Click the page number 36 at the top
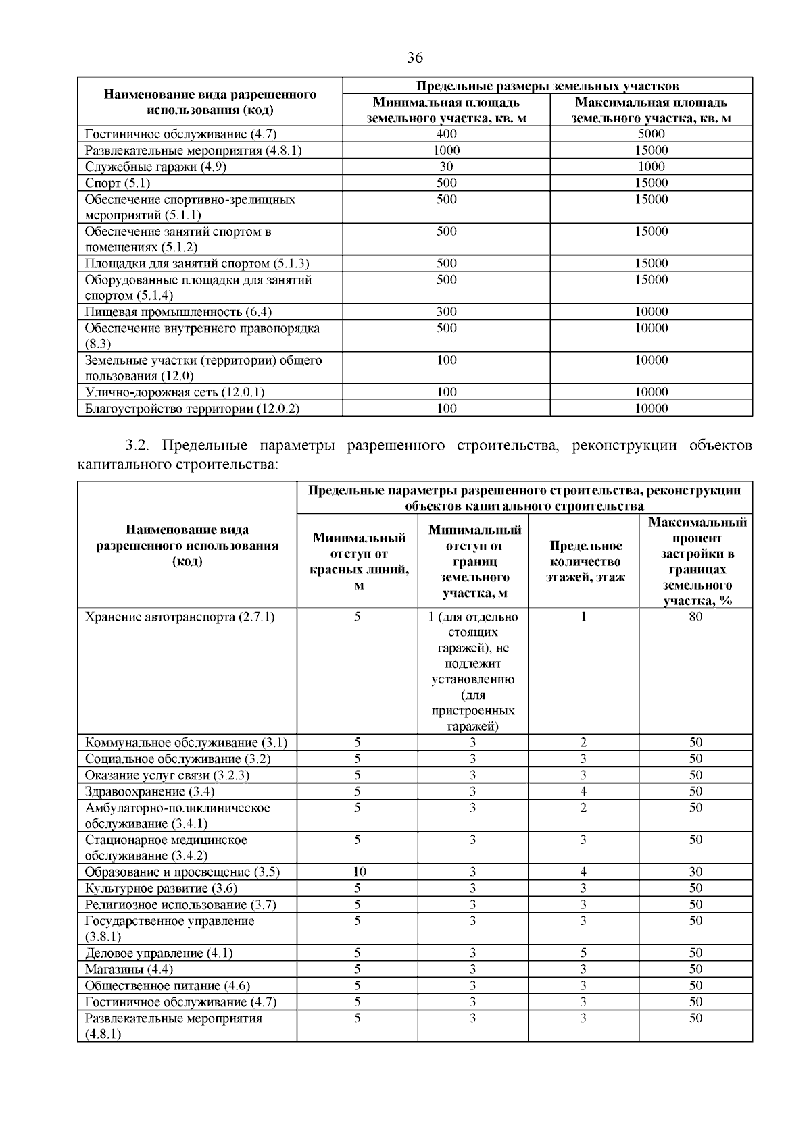pyautogui.click(x=415, y=58)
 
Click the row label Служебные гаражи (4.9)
pyautogui.click(x=147, y=167)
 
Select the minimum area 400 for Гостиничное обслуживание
pyautogui.click(x=446, y=134)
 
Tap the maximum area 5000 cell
pyautogui.click(x=651, y=134)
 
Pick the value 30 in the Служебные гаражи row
pyautogui.click(x=446, y=167)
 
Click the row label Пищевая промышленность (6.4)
pyautogui.click(x=178, y=312)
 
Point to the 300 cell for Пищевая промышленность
pyautogui.click(x=446, y=312)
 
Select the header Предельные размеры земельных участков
pyautogui.click(x=547, y=86)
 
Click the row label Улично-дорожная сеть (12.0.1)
pyautogui.click(x=175, y=392)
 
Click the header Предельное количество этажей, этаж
pyautogui.click(x=584, y=561)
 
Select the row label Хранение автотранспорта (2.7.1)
pyautogui.click(x=180, y=617)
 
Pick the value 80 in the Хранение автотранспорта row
pyautogui.click(x=695, y=617)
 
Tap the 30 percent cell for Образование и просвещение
pyautogui.click(x=695, y=872)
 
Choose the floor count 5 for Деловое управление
pyautogui.click(x=583, y=954)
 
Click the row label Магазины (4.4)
pyautogui.click(x=129, y=970)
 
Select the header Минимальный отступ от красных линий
pyautogui.click(x=359, y=561)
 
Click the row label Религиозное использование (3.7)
pyautogui.click(x=180, y=905)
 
